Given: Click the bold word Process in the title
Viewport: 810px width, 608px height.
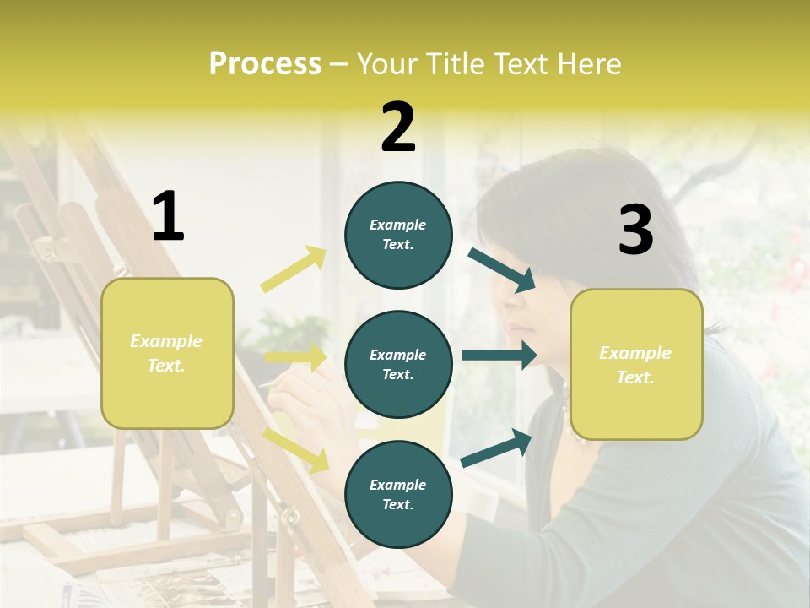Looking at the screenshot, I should [265, 63].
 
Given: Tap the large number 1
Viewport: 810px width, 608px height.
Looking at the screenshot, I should [168, 217].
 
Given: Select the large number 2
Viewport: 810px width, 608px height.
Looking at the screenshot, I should [398, 128].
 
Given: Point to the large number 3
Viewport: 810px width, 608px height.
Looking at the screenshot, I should [635, 231].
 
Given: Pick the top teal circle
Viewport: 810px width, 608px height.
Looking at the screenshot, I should [398, 203].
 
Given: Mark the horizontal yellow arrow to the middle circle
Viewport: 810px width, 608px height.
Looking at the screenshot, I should [296, 357].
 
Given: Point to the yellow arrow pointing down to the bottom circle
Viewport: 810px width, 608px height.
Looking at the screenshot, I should [296, 449].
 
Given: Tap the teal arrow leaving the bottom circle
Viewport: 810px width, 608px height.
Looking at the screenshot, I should [497, 448].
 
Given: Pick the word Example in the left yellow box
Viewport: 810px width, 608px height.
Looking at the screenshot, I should [166, 340].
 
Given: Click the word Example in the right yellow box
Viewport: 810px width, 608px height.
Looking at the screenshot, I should [635, 353].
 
